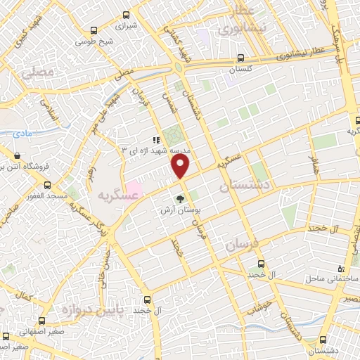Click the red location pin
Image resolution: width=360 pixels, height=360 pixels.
point(181,167)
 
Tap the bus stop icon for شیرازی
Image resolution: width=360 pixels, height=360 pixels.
point(126,15)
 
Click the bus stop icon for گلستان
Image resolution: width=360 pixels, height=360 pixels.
point(241,59)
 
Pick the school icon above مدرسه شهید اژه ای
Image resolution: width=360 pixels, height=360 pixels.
point(157,139)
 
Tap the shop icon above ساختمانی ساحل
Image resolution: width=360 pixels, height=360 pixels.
point(341,268)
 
